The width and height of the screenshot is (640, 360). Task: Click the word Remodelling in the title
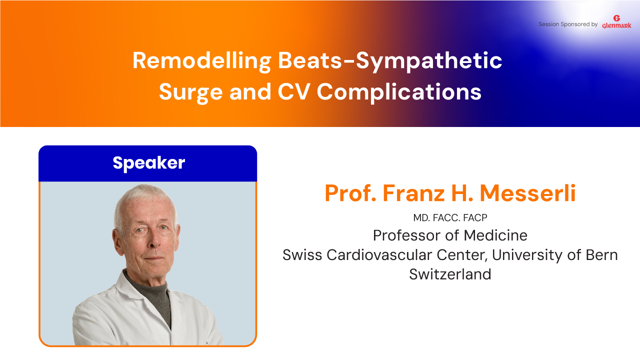(x=201, y=61)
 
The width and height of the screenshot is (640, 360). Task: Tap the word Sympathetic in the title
(x=429, y=61)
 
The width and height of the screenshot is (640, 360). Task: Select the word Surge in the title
(x=190, y=92)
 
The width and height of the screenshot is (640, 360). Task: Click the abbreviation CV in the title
(x=294, y=92)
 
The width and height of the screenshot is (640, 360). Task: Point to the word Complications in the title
(x=399, y=92)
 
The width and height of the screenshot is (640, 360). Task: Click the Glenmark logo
(x=616, y=22)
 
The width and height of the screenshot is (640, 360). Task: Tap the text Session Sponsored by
(x=568, y=24)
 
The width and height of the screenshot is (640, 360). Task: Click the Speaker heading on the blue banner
(x=149, y=163)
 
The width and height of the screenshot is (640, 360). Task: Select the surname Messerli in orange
(x=527, y=193)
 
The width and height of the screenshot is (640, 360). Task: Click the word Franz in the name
(x=413, y=193)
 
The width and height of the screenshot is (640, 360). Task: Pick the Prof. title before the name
(x=350, y=193)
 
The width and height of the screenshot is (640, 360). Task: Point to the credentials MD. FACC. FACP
(x=450, y=218)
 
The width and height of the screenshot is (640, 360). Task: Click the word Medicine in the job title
(x=495, y=235)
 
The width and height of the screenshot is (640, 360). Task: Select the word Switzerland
(x=450, y=274)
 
